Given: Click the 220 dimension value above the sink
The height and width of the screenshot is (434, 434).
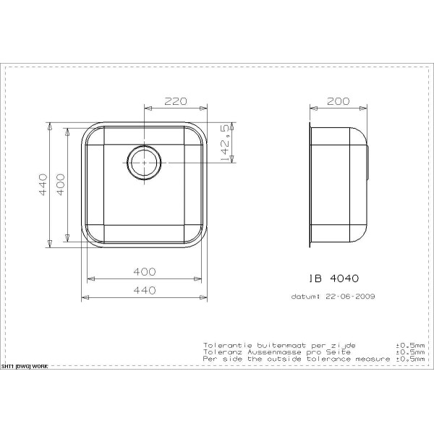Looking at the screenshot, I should [176, 102].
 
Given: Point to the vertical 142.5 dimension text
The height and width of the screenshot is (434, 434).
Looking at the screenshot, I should [226, 142].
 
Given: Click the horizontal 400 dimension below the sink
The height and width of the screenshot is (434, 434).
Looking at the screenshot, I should [145, 271].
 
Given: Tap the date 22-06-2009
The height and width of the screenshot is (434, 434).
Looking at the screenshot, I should [350, 296].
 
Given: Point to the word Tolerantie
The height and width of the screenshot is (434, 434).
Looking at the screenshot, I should [226, 345].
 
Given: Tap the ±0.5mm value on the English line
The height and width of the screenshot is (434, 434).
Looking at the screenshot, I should [411, 358].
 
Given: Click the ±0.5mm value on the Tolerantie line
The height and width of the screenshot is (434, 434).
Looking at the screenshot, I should [411, 345].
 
